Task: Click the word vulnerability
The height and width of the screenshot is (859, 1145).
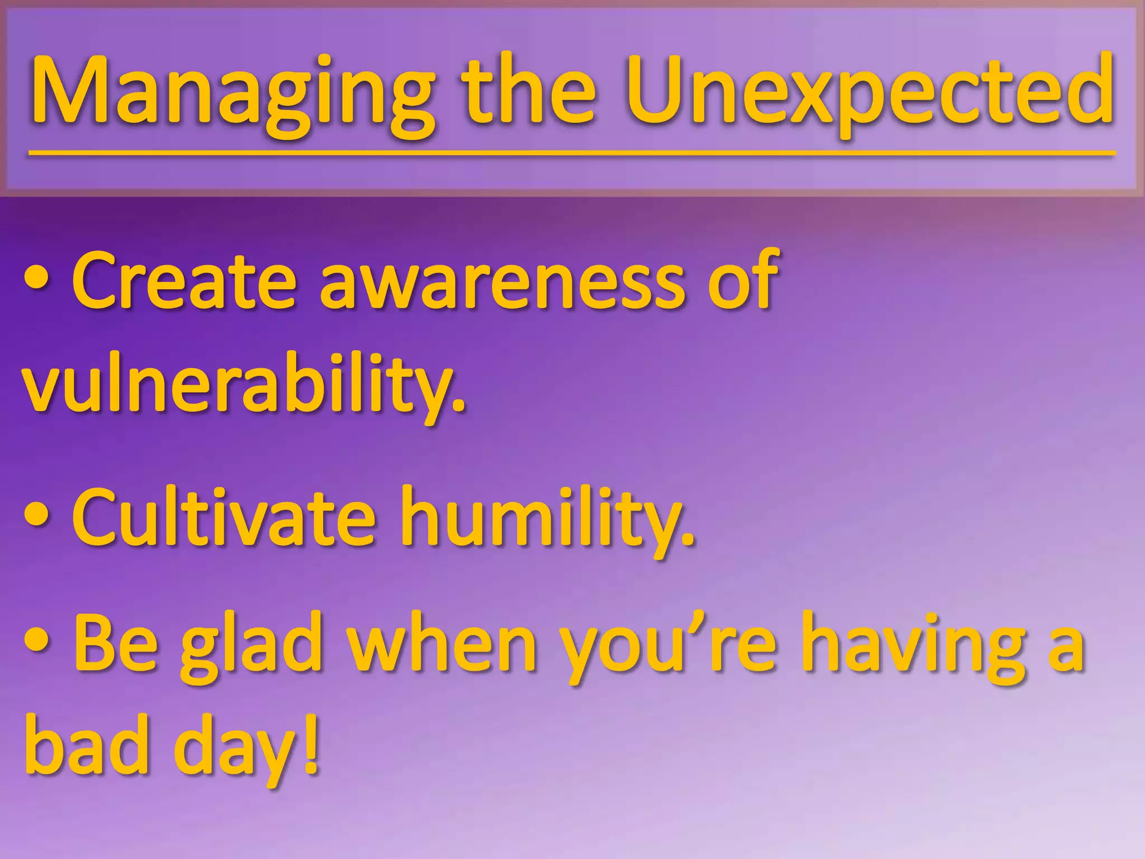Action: point(243,386)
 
